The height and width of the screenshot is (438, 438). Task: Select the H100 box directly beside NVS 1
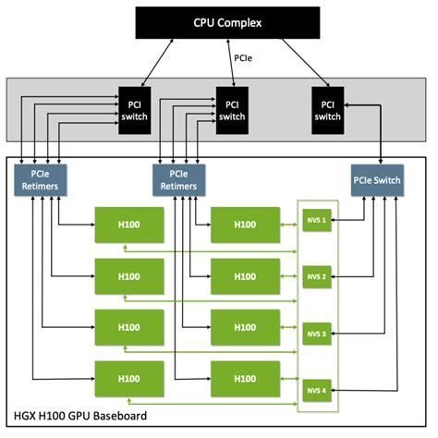click(x=245, y=225)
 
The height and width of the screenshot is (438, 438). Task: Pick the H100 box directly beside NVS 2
click(x=245, y=276)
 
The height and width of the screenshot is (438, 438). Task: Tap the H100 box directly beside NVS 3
click(x=245, y=328)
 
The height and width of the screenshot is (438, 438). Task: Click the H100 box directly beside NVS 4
click(x=245, y=380)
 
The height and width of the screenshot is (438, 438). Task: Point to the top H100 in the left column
click(x=129, y=225)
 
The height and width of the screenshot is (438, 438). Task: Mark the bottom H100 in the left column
click(x=129, y=380)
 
